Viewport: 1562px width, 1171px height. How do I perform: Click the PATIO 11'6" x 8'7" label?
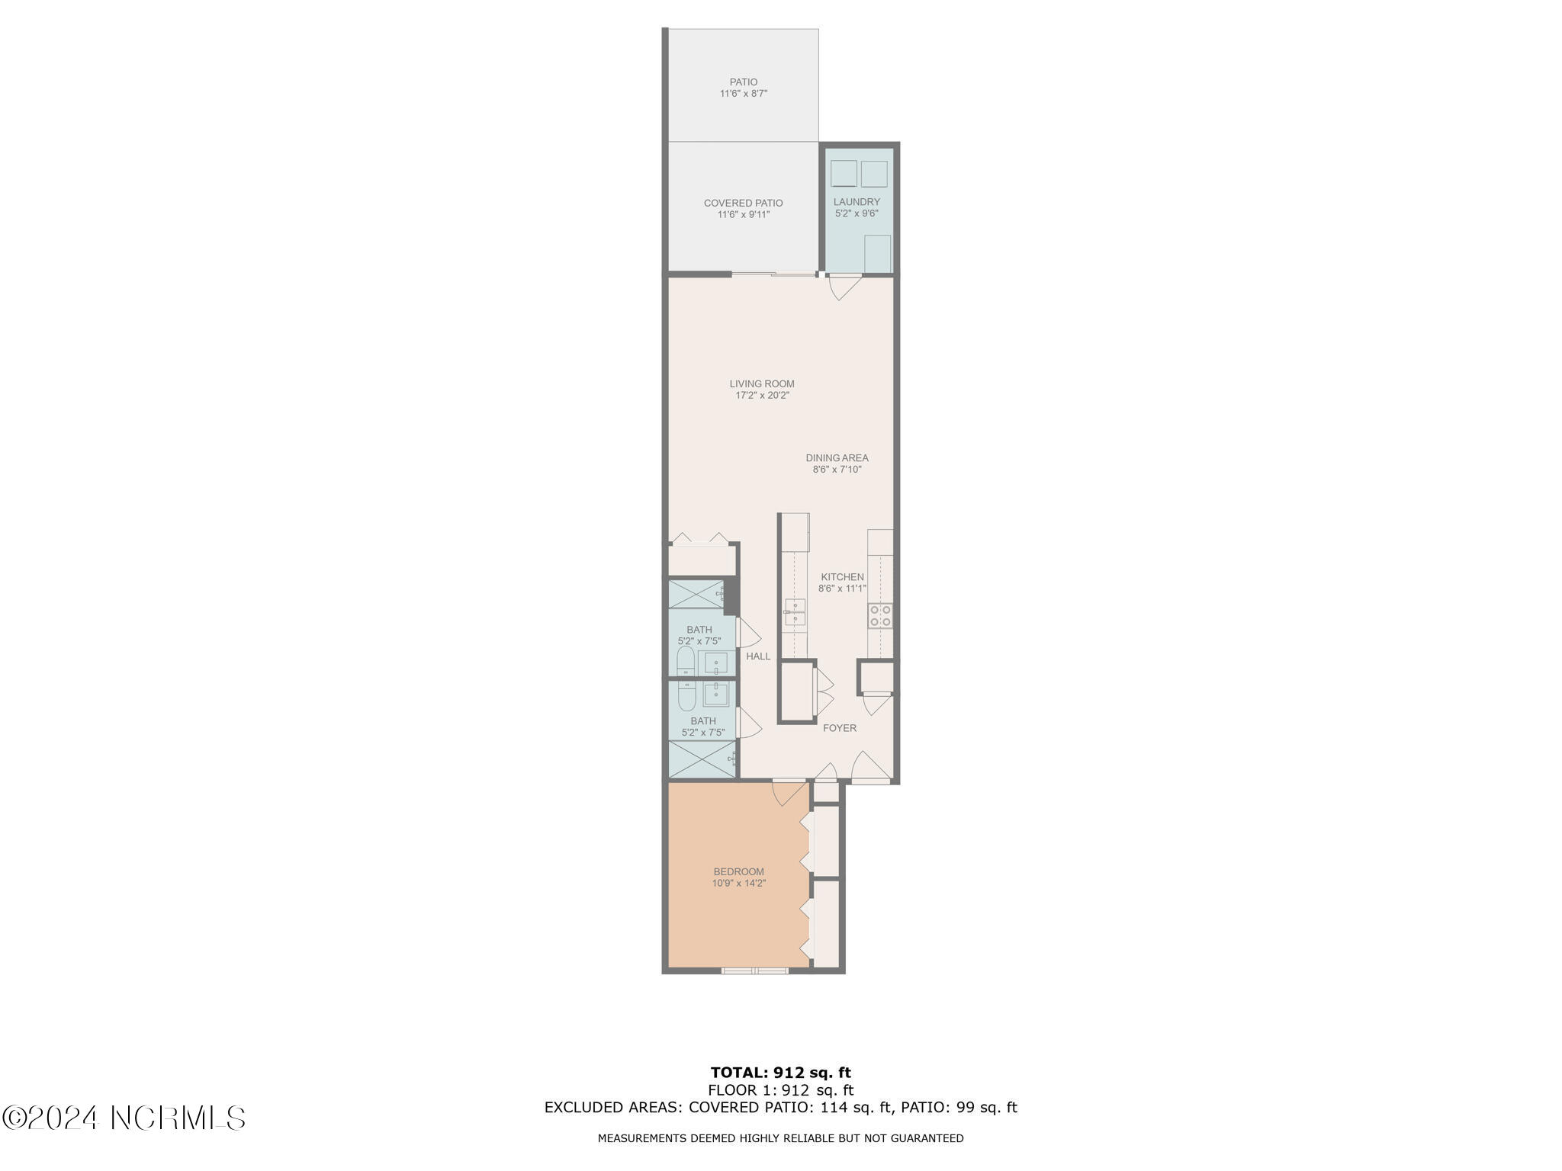point(743,88)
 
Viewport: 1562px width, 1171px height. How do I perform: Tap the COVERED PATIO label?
point(743,203)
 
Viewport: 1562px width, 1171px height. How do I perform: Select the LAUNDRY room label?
point(856,202)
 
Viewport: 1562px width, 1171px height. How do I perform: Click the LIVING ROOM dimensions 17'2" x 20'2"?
point(762,396)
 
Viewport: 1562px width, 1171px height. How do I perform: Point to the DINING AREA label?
point(837,458)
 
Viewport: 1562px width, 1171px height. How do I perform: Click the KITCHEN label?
point(841,577)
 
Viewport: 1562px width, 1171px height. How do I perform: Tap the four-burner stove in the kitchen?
point(881,616)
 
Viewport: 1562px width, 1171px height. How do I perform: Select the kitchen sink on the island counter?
point(795,612)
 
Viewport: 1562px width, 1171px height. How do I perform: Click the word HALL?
point(758,656)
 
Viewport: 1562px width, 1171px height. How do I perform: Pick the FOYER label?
point(839,728)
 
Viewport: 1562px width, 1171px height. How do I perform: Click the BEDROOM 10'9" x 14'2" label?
point(738,877)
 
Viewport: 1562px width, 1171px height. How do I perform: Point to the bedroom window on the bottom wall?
point(755,970)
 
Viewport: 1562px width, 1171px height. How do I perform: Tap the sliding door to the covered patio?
point(773,274)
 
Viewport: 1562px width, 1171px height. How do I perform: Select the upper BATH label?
point(699,630)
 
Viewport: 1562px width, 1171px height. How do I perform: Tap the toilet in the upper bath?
point(686,660)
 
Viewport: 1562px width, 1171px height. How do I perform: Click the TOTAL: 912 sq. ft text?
point(780,1073)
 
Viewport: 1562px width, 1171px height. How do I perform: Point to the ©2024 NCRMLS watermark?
point(124,1118)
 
